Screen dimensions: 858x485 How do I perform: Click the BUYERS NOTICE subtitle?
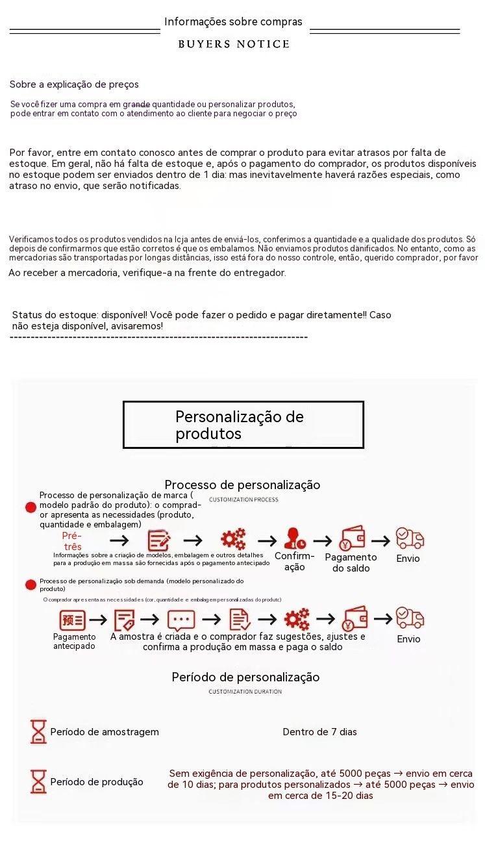(x=234, y=44)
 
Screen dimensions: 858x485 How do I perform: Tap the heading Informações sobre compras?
(x=233, y=22)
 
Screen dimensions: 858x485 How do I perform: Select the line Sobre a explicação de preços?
(x=74, y=84)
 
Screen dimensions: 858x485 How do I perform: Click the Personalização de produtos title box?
(x=243, y=425)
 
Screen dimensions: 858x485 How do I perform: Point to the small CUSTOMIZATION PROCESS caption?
(x=243, y=499)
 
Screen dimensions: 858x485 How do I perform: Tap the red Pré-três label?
(x=72, y=541)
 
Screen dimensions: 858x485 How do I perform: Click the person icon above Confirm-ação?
(x=295, y=539)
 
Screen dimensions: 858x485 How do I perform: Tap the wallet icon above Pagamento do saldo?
(x=352, y=538)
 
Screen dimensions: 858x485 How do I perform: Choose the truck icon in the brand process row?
(x=410, y=538)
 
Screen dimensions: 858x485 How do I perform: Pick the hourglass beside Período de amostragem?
(x=38, y=731)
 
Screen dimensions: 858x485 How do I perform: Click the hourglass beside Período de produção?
(x=38, y=781)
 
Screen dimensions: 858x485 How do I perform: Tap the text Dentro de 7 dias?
(x=319, y=732)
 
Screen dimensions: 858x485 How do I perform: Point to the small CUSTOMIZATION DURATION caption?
(x=245, y=692)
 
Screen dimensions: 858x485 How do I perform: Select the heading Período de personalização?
(x=245, y=677)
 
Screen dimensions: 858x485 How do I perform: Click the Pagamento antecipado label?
(x=74, y=641)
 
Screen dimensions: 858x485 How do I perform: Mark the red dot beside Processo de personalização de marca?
(x=31, y=507)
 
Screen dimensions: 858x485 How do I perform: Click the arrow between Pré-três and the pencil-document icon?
(x=119, y=540)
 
